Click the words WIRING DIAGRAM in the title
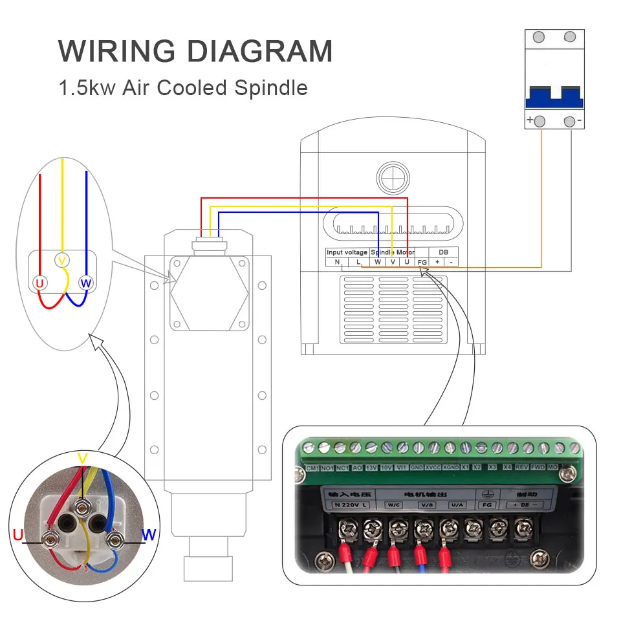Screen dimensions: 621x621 click(x=195, y=51)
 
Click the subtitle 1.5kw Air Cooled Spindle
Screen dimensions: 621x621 click(x=183, y=87)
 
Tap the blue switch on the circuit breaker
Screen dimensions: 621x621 click(x=554, y=98)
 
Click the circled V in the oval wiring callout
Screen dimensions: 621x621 click(x=62, y=261)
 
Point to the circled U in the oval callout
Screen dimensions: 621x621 click(x=39, y=283)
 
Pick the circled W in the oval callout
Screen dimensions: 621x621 click(x=85, y=283)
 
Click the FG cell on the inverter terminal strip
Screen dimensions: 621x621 click(x=422, y=262)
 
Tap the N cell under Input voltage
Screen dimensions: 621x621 click(x=337, y=262)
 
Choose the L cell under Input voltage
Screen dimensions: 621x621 click(x=358, y=262)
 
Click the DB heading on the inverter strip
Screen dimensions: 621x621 click(x=443, y=252)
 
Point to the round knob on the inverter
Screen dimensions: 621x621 click(x=393, y=176)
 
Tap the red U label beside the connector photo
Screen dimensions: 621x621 click(x=17, y=534)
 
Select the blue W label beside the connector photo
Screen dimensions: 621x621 click(x=149, y=534)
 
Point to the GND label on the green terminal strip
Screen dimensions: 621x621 click(x=417, y=467)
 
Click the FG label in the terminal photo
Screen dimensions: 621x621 click(x=487, y=504)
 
